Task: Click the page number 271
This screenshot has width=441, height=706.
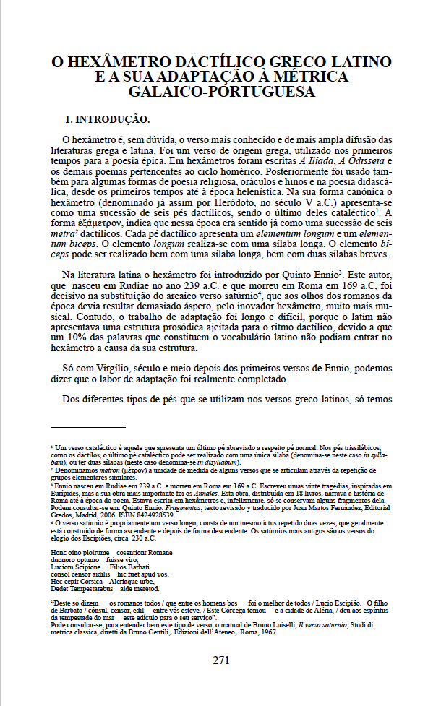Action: point(220,660)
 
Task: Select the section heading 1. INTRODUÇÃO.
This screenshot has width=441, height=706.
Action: point(108,119)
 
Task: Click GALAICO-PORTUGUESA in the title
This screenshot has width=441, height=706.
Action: point(221,92)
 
